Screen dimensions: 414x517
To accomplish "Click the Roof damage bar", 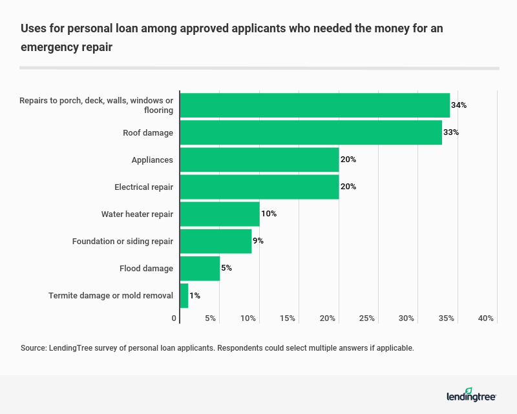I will [311, 132].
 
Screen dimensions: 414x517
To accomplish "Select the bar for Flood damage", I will [200, 268].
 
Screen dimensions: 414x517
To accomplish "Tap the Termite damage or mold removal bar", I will [184, 296].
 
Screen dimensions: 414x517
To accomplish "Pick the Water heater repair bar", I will [220, 214].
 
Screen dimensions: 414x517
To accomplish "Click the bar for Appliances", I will [259, 160].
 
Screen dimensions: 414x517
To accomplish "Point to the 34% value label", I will [459, 105].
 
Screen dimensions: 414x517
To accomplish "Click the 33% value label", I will [451, 132].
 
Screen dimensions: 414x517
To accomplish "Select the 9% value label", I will [258, 241].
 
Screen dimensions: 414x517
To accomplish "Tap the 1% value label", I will [195, 296].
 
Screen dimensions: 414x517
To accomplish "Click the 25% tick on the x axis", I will [367, 318].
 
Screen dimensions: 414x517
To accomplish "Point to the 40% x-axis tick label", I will [486, 318].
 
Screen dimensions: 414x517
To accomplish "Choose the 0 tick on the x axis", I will [174, 318].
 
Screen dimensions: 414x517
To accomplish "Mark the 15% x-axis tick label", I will [288, 318].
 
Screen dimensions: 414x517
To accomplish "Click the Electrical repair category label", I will [144, 187].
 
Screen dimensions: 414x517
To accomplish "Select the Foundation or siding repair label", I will [123, 241].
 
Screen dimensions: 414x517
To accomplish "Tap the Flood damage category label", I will [147, 268].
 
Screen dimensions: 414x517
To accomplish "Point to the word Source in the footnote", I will [34, 348].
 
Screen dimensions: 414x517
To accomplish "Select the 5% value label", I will [226, 268].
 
